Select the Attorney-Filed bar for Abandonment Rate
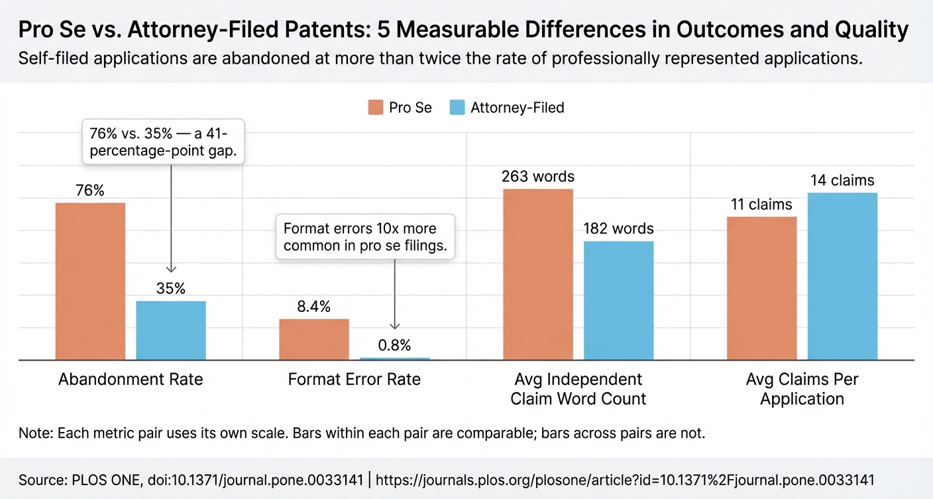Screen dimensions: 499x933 [171, 330]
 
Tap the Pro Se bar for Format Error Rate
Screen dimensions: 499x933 [314, 339]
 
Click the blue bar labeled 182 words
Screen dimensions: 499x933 [618, 300]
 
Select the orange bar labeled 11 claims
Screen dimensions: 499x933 [761, 288]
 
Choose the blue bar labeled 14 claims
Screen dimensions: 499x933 [842, 276]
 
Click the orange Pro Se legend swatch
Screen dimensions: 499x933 [376, 107]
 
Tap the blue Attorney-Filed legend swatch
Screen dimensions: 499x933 [457, 107]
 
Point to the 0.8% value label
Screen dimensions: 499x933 [395, 345]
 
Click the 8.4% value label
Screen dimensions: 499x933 [314, 307]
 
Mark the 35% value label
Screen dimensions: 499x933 [171, 289]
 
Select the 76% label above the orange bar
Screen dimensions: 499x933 [90, 190]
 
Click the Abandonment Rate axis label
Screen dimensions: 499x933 [131, 380]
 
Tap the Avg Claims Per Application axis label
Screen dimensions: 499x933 [802, 389]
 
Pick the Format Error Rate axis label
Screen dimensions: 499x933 [355, 380]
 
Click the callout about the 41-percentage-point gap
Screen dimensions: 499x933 [163, 141]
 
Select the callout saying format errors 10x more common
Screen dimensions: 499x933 [365, 238]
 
